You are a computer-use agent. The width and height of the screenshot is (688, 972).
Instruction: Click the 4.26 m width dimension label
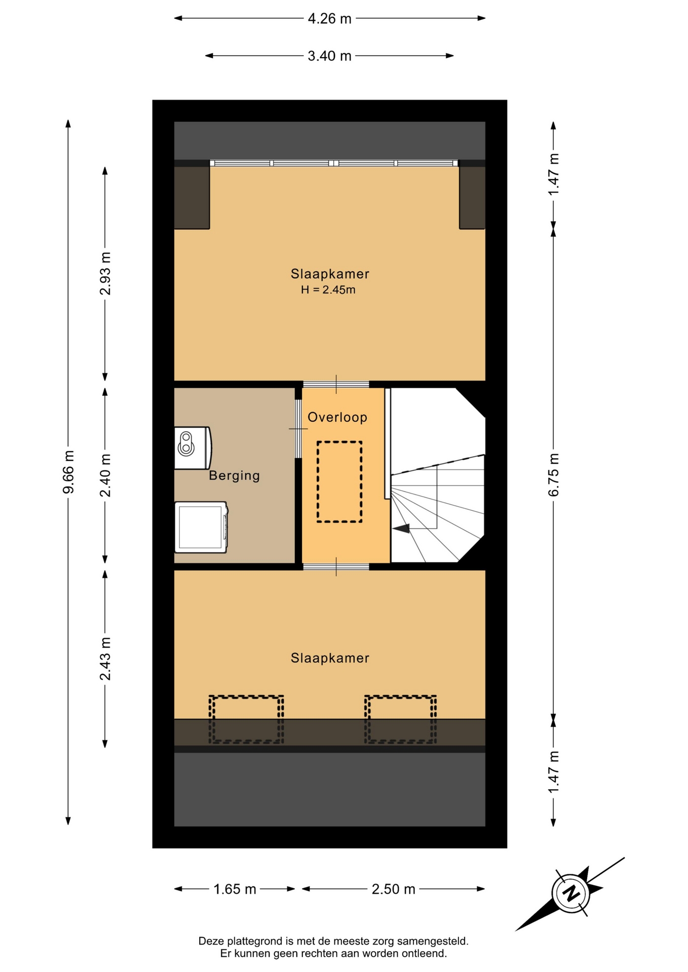point(329,19)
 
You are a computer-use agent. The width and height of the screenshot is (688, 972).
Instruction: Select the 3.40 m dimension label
point(329,56)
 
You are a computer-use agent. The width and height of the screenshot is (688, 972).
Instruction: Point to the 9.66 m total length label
point(68,472)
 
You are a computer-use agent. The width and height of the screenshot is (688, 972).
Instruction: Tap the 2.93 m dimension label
point(105,273)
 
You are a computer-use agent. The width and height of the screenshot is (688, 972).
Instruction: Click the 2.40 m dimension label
point(105,475)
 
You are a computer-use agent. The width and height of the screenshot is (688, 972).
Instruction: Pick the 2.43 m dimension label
point(105,659)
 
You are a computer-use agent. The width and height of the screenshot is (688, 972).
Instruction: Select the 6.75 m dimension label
point(553,474)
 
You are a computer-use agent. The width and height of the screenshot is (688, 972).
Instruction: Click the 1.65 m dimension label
point(235,889)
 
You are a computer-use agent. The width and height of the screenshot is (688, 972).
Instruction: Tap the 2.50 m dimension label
point(394,889)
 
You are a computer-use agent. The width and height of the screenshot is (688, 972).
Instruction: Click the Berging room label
point(235,475)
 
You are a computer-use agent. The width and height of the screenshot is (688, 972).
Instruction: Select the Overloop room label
point(337,417)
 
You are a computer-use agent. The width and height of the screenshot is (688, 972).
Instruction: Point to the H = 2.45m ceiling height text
point(328,290)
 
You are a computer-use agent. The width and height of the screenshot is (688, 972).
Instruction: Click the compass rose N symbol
point(571,893)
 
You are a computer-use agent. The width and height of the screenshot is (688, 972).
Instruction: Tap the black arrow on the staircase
point(401,529)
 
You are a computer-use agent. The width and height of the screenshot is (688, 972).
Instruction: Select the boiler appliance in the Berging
point(193,448)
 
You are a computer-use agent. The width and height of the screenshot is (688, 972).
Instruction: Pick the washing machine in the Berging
point(201,527)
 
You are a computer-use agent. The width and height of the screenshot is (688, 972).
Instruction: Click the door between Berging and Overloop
point(298,429)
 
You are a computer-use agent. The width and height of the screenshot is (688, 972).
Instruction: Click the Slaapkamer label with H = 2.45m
point(330,274)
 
